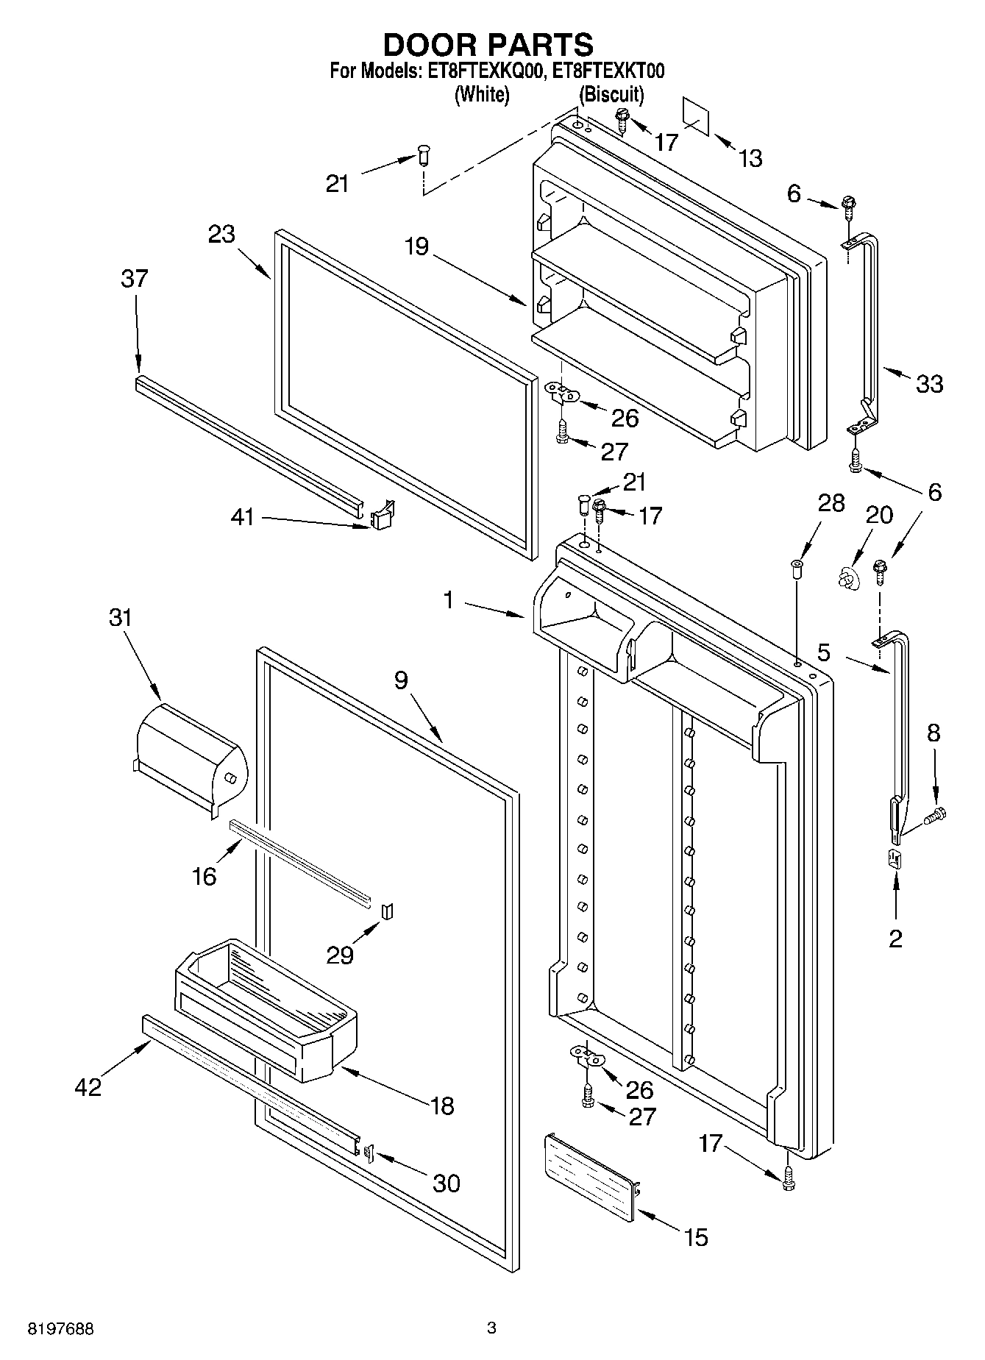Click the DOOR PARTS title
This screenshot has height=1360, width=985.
(x=488, y=46)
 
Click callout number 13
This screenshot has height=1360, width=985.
(x=750, y=158)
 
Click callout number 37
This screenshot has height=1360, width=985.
(x=135, y=279)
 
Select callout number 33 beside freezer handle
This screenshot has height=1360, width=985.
(x=929, y=383)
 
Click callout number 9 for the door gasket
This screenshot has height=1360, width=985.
(x=400, y=680)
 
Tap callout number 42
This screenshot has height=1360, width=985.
(x=88, y=1086)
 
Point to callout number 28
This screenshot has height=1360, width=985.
(x=831, y=503)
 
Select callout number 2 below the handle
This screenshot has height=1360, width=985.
(x=895, y=939)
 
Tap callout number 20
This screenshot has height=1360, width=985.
(x=878, y=514)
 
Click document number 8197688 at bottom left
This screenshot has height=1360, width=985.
(x=62, y=1329)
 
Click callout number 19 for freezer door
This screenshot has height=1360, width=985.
(x=416, y=246)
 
